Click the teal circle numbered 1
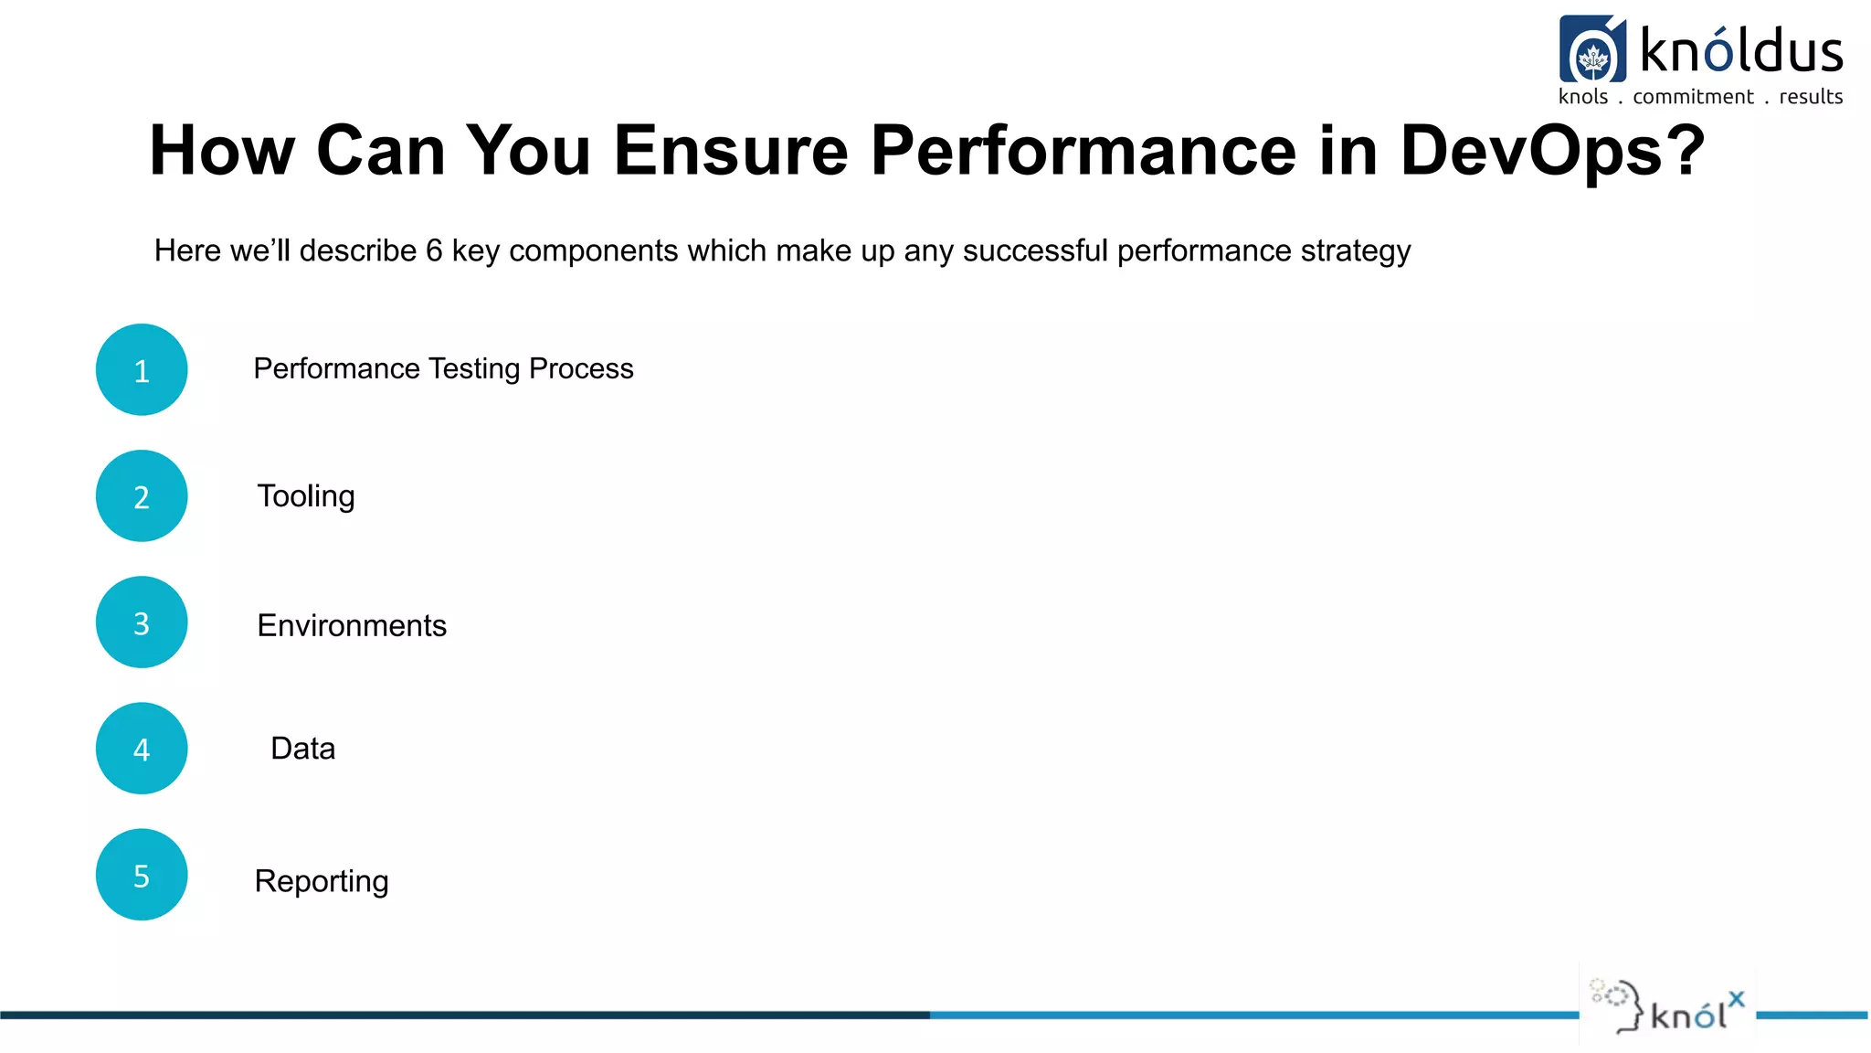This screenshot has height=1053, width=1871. [x=142, y=370]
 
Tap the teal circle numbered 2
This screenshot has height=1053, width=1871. [x=142, y=496]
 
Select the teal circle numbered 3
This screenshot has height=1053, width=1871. [x=142, y=622]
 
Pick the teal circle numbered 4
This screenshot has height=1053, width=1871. [x=142, y=749]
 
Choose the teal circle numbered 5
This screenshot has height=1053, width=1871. [x=142, y=875]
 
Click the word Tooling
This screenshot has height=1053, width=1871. [x=306, y=496]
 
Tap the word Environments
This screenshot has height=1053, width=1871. [x=352, y=625]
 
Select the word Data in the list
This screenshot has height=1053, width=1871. [x=303, y=749]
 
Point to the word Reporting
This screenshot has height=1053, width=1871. [x=322, y=881]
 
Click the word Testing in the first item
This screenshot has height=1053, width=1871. [x=474, y=369]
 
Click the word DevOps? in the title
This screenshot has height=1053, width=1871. [x=1551, y=151]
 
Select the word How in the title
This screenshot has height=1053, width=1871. [x=222, y=151]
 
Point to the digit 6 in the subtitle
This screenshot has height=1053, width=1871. [x=434, y=250]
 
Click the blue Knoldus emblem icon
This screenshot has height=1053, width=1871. [x=1592, y=50]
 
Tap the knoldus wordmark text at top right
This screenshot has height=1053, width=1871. [x=1741, y=51]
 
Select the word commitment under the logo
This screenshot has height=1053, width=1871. [x=1693, y=97]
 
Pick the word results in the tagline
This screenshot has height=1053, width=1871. [x=1811, y=97]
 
